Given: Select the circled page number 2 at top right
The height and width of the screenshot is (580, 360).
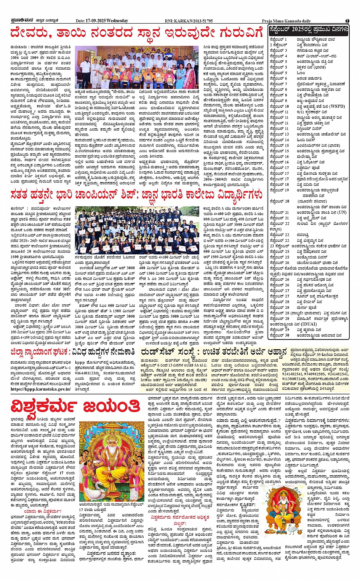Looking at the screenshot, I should click(x=347, y=21).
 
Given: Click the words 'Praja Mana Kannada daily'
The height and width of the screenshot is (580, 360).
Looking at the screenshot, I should click(x=286, y=21).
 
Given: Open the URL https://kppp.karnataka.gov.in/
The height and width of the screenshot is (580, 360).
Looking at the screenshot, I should click(x=41, y=389).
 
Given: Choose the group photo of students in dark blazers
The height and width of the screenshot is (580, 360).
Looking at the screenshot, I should click(x=137, y=230).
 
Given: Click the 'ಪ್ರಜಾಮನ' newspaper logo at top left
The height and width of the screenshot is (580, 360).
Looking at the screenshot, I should click(x=16, y=21).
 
